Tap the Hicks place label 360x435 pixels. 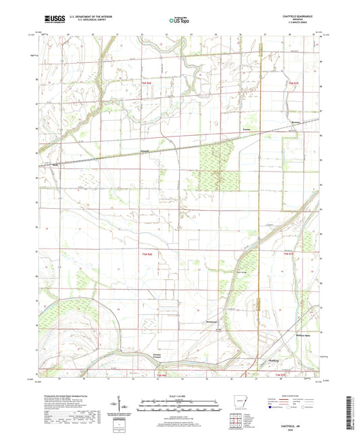(x=57, y=163)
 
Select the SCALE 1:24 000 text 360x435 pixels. (x=180, y=395)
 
